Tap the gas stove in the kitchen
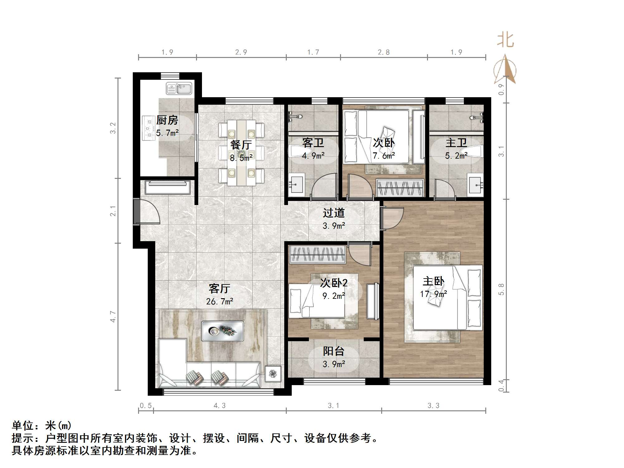coord(149,128)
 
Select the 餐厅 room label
coord(241,145)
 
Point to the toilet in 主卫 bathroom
coord(474,152)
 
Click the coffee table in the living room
coord(223,331)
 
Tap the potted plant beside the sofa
coord(273,374)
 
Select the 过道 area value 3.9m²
coord(334,226)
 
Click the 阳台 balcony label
coord(334,351)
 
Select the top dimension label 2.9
coord(241,52)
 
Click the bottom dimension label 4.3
coord(219,405)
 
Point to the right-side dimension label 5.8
coord(501,289)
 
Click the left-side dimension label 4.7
coord(113,317)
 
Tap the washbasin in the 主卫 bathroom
coord(476,186)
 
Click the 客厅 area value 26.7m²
coord(219,301)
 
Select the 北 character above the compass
coord(505,41)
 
